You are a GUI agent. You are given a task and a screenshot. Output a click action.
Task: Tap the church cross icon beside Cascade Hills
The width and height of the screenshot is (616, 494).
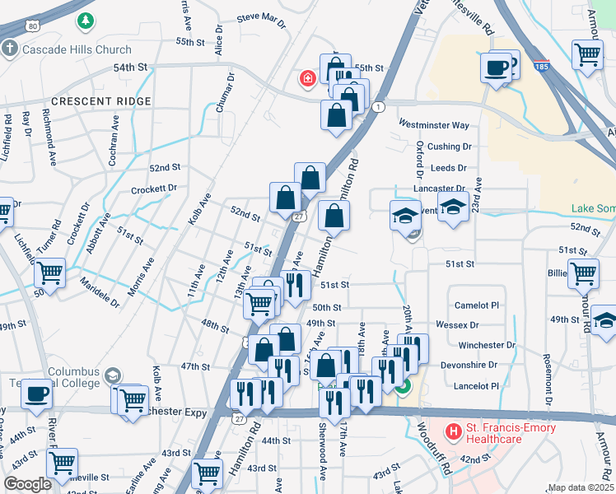click(10, 49)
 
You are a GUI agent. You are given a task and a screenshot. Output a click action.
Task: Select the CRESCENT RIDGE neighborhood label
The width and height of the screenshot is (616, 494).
click(101, 101)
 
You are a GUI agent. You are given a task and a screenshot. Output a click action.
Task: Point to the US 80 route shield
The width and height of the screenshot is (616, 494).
click(32, 26)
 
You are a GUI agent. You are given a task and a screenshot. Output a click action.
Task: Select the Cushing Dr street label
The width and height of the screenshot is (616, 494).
click(450, 147)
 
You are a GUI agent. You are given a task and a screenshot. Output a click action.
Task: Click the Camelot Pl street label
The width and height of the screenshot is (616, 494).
click(478, 305)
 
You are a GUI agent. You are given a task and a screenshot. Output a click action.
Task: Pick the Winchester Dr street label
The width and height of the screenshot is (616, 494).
click(487, 345)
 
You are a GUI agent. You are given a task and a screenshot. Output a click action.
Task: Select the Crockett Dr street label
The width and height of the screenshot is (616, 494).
click(154, 189)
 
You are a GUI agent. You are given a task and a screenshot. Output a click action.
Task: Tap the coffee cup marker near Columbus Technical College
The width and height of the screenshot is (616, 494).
click(36, 394)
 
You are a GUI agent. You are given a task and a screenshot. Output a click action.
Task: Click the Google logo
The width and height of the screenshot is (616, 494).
click(27, 484)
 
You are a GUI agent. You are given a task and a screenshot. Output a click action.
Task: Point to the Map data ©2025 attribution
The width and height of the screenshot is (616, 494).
click(581, 487)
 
